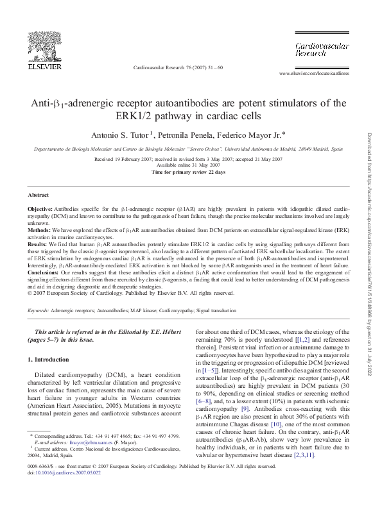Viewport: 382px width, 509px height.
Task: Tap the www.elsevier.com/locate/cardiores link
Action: coord(314,74)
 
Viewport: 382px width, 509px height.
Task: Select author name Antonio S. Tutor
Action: coord(119,136)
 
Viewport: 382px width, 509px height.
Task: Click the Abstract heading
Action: coord(39,194)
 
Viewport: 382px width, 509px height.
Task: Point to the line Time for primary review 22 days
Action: coord(188,172)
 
